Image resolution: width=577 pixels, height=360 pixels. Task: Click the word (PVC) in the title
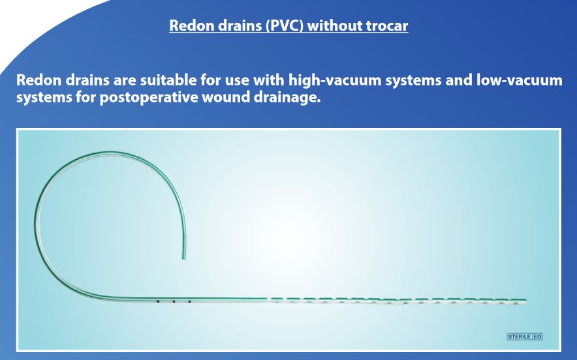(285, 25)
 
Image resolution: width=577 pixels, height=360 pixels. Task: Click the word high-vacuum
(335, 80)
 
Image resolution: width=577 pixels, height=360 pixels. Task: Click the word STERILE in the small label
(519, 337)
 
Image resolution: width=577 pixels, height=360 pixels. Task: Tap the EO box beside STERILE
(537, 337)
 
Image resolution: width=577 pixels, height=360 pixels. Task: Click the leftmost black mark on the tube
(158, 301)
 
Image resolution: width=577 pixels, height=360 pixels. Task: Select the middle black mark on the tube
(174, 301)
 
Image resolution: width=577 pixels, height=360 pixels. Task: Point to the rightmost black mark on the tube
(189, 301)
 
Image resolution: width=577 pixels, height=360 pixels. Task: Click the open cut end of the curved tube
(184, 259)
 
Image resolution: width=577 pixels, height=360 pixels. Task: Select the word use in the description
(238, 80)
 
